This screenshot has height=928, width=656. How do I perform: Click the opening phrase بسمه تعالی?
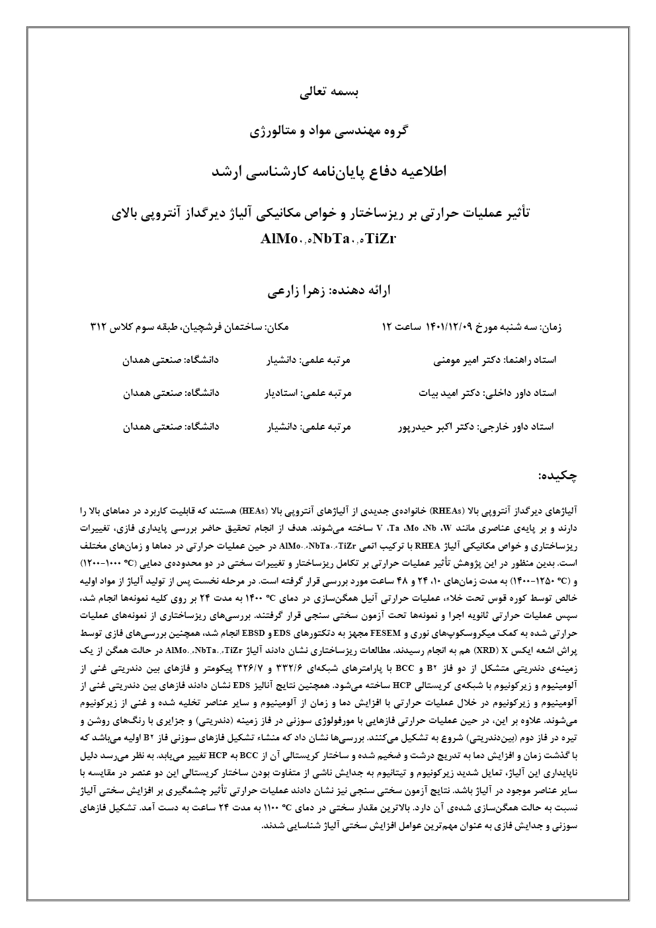point(328,93)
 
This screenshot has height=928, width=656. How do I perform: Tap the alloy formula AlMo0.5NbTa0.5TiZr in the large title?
point(328,239)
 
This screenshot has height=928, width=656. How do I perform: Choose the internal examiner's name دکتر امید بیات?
point(450,393)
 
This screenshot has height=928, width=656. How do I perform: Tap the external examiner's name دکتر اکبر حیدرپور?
point(441,426)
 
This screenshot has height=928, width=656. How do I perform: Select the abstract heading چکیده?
point(559,475)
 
